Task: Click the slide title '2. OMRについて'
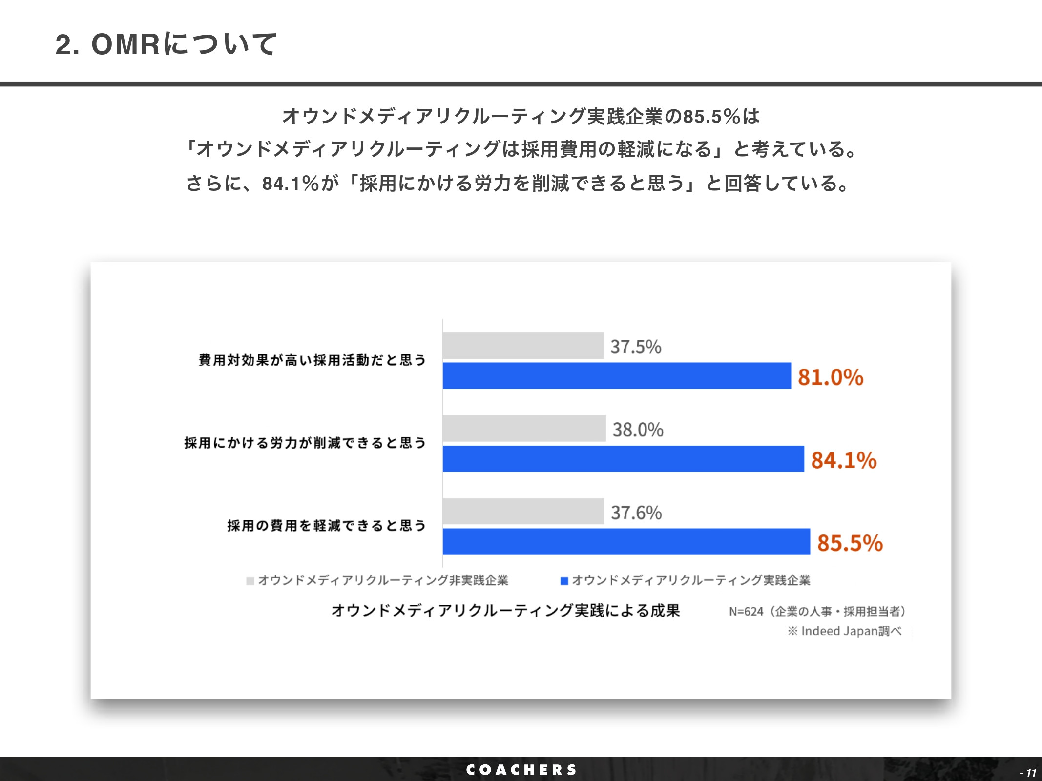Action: pos(166,44)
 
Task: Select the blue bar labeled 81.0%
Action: pos(616,375)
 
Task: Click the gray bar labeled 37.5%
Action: pos(523,346)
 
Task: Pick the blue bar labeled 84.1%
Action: pos(623,458)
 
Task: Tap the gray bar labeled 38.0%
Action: pos(524,429)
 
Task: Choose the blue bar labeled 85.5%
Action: pos(626,541)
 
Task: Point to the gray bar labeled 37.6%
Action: pos(523,511)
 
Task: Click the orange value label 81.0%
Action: pos(830,377)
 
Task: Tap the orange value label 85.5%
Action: pos(850,543)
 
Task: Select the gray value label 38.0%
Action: pos(638,430)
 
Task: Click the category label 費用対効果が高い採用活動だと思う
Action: pos(313,360)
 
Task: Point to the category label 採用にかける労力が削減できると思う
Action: pos(305,443)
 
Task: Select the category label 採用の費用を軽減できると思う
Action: pos(327,526)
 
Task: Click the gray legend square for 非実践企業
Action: pos(250,581)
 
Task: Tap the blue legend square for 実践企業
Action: pos(564,581)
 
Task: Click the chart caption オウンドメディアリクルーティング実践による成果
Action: pos(505,611)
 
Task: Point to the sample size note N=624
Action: pos(817,611)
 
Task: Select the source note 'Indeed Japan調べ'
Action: pos(845,631)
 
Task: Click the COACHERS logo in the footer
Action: pos(521,770)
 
